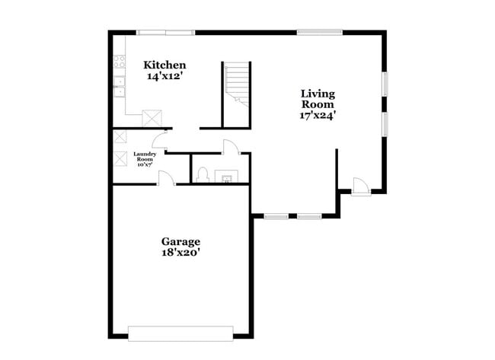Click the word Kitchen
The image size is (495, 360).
[x=164, y=65]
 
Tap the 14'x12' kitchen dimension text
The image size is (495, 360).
[x=164, y=76]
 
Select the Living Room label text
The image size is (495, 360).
[x=318, y=99]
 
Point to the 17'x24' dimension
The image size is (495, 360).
[x=318, y=116]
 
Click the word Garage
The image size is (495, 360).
[x=180, y=241]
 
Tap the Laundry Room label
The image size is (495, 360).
[x=145, y=159]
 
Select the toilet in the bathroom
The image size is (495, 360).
[x=203, y=176]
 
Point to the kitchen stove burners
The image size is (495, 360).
[x=120, y=60]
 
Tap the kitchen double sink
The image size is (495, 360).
[x=120, y=84]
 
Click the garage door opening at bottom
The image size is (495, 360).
[x=180, y=333]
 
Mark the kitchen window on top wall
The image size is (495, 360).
[x=165, y=32]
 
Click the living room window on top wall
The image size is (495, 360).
[x=320, y=32]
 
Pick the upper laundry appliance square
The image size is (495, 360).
[x=120, y=138]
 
